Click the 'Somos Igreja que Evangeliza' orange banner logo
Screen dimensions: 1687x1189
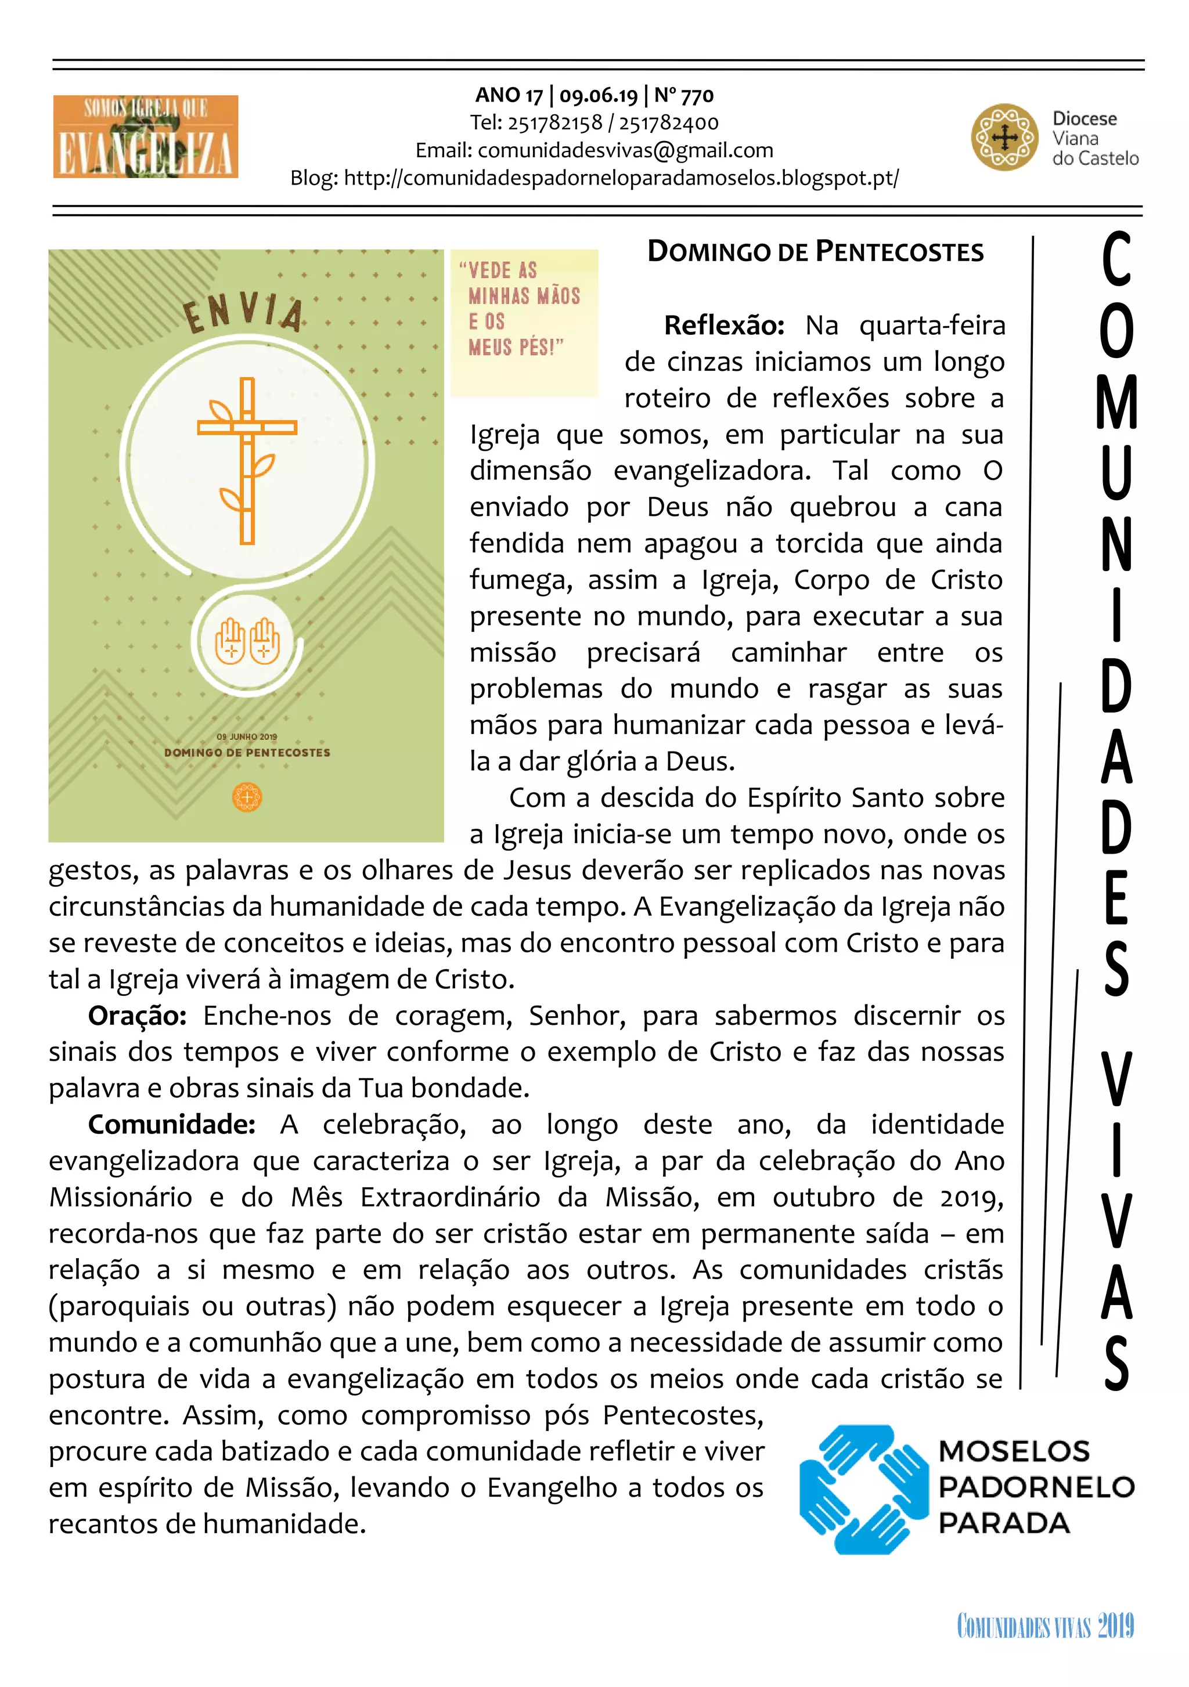[x=146, y=136]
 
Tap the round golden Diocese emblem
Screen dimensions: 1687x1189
[x=1004, y=138]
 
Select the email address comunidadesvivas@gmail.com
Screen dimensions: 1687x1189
[x=625, y=151]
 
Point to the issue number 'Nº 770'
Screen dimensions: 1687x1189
[x=683, y=96]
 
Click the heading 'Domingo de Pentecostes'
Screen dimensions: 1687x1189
[x=815, y=252]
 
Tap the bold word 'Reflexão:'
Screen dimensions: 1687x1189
[x=724, y=326]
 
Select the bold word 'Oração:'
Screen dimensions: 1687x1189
[x=136, y=1016]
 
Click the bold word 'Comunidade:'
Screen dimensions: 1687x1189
[x=171, y=1124]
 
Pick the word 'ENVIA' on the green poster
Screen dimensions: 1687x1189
[x=243, y=312]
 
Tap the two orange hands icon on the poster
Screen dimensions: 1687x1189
[x=247, y=641]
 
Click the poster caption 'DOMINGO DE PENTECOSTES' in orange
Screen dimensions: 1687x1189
[x=247, y=753]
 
